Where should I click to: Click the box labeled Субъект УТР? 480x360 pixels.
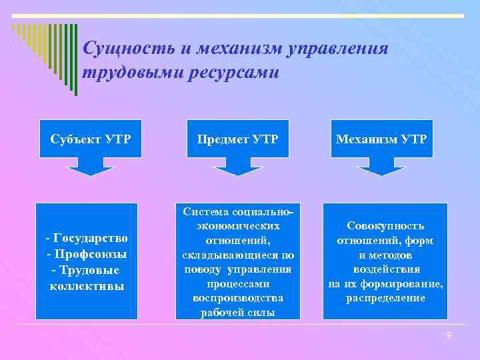91,139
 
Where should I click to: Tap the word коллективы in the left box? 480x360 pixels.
87,286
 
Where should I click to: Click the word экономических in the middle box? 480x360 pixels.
238,226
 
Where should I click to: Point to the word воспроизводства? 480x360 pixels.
237,298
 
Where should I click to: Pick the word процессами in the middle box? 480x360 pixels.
237,283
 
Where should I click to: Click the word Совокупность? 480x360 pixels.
385,226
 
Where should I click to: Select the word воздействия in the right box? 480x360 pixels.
385,269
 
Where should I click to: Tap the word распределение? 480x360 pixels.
385,298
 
